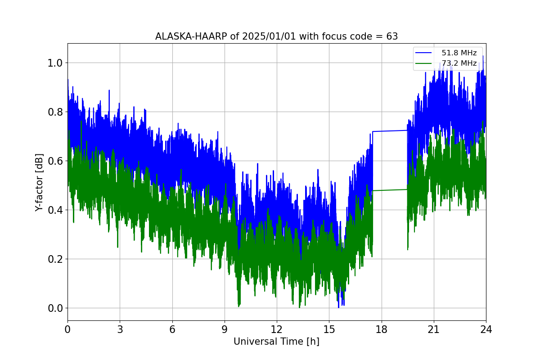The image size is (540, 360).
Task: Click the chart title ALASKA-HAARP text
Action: (x=191, y=36)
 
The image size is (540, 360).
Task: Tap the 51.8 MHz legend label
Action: (x=459, y=53)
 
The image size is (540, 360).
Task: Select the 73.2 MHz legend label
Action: (x=459, y=63)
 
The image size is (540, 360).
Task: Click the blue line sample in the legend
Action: (x=423, y=53)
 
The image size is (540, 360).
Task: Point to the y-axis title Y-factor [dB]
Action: (x=39, y=183)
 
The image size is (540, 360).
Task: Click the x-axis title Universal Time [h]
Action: (x=276, y=342)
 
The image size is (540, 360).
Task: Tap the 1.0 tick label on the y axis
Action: (x=55, y=63)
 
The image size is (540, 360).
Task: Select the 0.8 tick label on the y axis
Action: (x=55, y=112)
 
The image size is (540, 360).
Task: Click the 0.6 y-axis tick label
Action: (x=55, y=161)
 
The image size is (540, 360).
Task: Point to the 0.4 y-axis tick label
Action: (x=55, y=210)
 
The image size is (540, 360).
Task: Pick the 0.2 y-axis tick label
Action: (x=55, y=259)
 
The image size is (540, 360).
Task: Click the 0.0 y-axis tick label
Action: (x=55, y=308)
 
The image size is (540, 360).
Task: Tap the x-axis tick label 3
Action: (x=120, y=329)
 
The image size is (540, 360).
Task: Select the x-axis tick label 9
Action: (x=225, y=329)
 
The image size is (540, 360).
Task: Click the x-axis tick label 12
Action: (x=277, y=329)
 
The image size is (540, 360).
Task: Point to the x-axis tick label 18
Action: (x=382, y=329)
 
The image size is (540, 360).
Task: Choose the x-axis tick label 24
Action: (x=486, y=329)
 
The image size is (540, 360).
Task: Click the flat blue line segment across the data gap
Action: (x=390, y=131)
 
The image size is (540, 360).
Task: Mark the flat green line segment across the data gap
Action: (x=390, y=190)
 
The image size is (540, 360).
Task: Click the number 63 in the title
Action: (x=392, y=36)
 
